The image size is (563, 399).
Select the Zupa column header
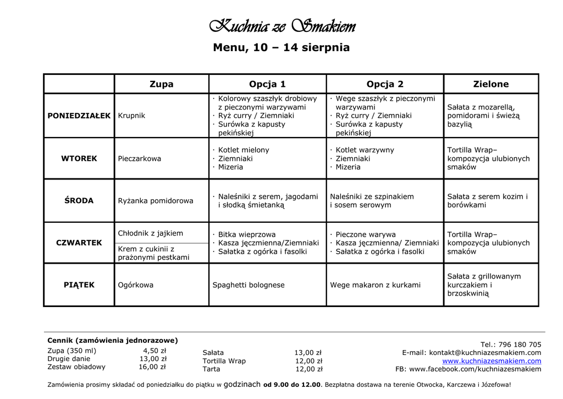[x=161, y=84]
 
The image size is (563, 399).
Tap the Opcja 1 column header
[x=267, y=84]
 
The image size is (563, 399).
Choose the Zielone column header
[x=491, y=84]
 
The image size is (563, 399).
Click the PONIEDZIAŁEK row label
[x=79, y=116]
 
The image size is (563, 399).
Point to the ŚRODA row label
[x=79, y=201]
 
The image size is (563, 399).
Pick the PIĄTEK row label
[x=79, y=285]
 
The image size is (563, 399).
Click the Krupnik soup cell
[x=131, y=116]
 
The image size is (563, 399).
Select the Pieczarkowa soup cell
[x=140, y=158]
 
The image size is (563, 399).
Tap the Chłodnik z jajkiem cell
[x=151, y=233]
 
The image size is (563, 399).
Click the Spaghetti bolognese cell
[x=249, y=285]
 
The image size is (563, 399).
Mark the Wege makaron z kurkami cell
[x=375, y=285]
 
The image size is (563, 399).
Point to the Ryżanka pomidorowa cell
[x=156, y=201]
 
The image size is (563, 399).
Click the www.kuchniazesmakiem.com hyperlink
[x=492, y=361]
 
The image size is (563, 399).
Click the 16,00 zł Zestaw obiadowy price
[x=152, y=367]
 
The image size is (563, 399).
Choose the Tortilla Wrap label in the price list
[x=224, y=361]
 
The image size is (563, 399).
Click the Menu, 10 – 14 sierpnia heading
[x=281, y=48]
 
